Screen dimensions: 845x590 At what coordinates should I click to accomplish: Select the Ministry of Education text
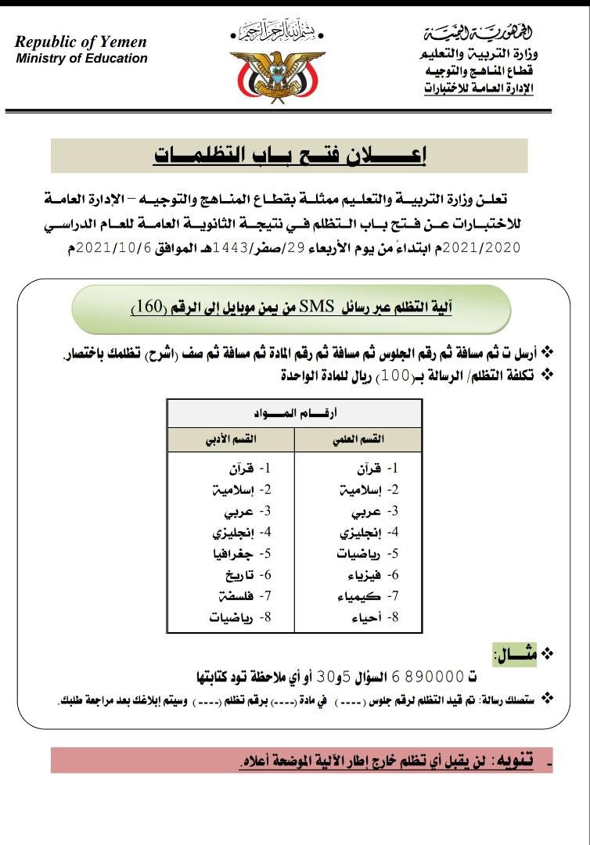coord(81,59)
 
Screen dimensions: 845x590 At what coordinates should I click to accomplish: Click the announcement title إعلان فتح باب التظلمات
coord(290,155)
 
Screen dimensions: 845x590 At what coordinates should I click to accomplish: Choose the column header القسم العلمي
coord(358,440)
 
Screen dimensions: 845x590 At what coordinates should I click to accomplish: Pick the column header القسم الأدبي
coord(230,440)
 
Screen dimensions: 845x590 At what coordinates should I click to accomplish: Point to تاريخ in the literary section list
coord(237,575)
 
